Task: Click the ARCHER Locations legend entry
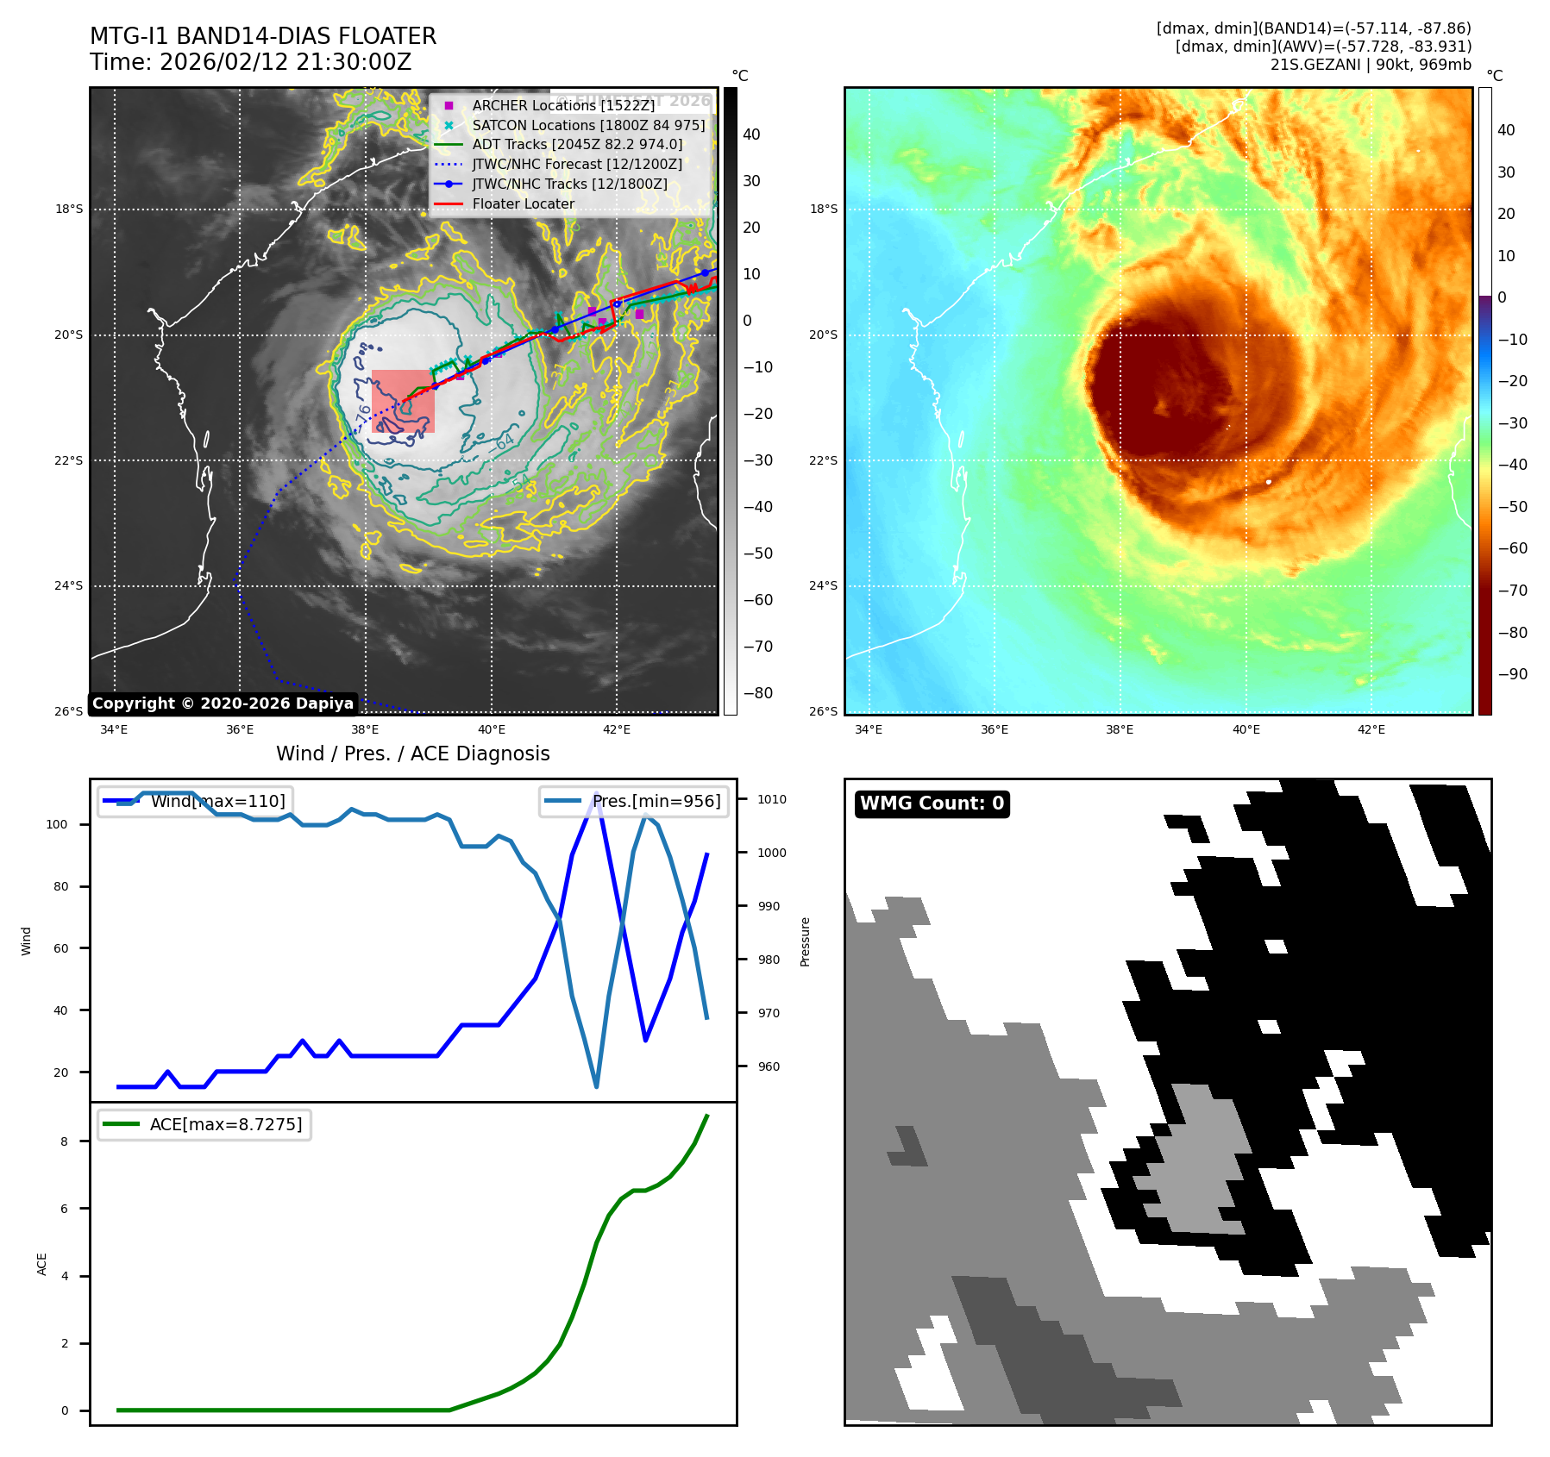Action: (x=563, y=105)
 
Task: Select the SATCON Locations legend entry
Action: (x=588, y=125)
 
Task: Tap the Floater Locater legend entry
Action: (x=523, y=203)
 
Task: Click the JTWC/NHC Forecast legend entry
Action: (x=576, y=164)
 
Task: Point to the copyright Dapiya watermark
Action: (x=223, y=703)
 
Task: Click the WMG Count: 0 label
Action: (x=932, y=804)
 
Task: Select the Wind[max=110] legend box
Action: (x=195, y=801)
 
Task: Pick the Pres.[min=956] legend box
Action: (x=635, y=801)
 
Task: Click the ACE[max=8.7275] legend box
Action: (x=204, y=1124)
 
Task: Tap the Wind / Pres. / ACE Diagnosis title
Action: (x=412, y=754)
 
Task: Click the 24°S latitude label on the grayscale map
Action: (x=69, y=585)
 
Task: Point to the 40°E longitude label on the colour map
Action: (x=1246, y=729)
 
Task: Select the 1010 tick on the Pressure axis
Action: (x=771, y=799)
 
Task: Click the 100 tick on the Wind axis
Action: (x=57, y=824)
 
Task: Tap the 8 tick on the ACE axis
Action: (x=64, y=1141)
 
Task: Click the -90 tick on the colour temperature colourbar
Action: (x=1512, y=674)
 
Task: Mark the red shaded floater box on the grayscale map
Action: (x=403, y=401)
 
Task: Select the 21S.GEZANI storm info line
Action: (x=1370, y=65)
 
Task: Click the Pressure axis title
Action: (x=805, y=941)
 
